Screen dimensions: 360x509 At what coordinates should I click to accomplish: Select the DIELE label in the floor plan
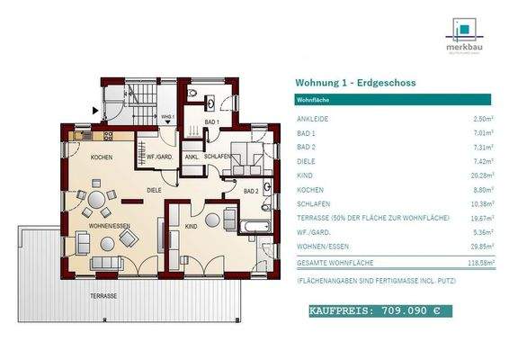pos(155,190)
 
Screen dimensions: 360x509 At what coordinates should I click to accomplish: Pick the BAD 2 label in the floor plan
pos(253,191)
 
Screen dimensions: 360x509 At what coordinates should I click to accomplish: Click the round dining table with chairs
pos(96,199)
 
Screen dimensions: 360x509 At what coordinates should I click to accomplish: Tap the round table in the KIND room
pos(212,220)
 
